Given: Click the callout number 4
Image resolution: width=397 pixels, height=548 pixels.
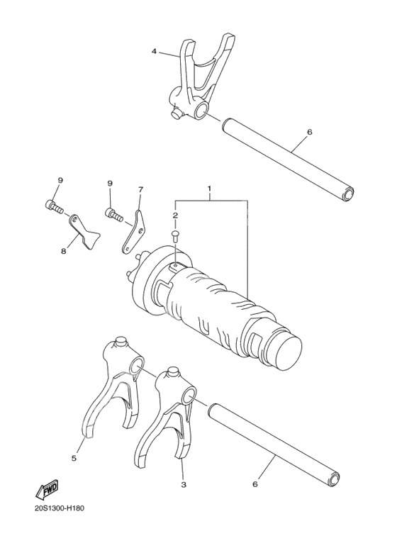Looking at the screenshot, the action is pyautogui.click(x=154, y=51).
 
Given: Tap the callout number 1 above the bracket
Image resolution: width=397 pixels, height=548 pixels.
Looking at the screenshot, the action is pyautogui.click(x=210, y=189).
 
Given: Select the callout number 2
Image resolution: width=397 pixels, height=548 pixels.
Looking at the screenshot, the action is pyautogui.click(x=175, y=216).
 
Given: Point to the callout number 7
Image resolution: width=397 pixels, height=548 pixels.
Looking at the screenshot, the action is pyautogui.click(x=140, y=190).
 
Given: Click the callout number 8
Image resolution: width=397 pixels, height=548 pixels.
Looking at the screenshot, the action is pyautogui.click(x=64, y=251).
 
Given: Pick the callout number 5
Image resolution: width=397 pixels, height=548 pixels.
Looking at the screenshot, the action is pyautogui.click(x=74, y=458).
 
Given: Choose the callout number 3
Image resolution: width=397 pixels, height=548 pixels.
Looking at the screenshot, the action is pyautogui.click(x=184, y=484).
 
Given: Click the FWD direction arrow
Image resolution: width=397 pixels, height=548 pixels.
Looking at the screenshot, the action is pyautogui.click(x=47, y=490).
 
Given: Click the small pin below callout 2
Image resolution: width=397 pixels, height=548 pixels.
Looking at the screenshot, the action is pyautogui.click(x=175, y=236).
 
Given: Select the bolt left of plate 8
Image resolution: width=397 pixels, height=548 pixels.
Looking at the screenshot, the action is pyautogui.click(x=54, y=206).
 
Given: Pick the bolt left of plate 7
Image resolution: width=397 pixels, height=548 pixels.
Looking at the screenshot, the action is pyautogui.click(x=114, y=214).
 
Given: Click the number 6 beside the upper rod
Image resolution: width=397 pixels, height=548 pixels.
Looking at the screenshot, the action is pyautogui.click(x=309, y=132).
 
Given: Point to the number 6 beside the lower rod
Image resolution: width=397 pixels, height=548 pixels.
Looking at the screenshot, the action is pyautogui.click(x=255, y=484).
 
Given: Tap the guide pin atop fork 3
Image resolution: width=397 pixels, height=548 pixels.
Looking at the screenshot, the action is pyautogui.click(x=174, y=372).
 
